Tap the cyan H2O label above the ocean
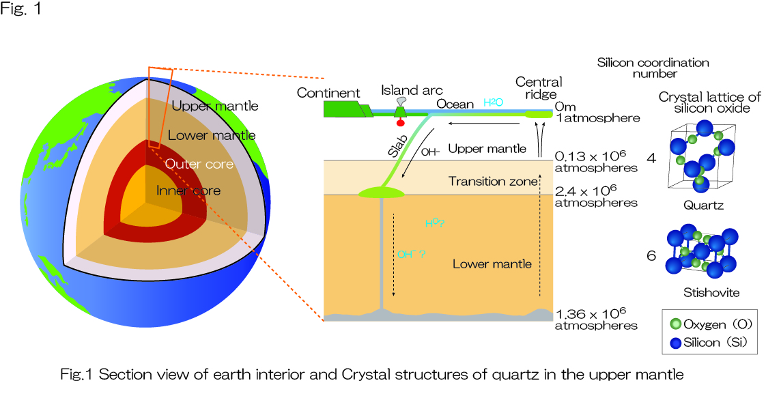click(x=493, y=102)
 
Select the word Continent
click(x=328, y=93)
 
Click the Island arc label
click(x=412, y=90)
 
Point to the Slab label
click(x=398, y=146)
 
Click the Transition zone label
click(x=493, y=181)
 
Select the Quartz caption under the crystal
click(x=703, y=205)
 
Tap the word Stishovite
click(x=711, y=292)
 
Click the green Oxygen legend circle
click(x=676, y=324)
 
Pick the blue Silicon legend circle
click(x=676, y=343)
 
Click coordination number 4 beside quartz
click(x=651, y=158)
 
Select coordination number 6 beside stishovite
click(x=651, y=255)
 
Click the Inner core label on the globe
click(x=188, y=190)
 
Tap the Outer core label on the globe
click(x=199, y=164)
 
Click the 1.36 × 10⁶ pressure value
click(x=591, y=313)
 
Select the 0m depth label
click(x=565, y=106)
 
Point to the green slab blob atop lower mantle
click(x=382, y=193)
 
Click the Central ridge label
click(x=539, y=88)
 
